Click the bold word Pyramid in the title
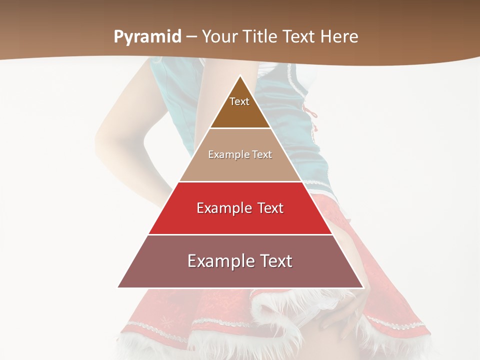147,36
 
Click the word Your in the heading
220,36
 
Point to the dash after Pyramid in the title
191,37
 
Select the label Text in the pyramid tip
239,101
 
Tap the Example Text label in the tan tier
240,154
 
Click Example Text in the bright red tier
240,208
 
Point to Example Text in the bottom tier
240,261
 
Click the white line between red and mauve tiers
240,234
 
